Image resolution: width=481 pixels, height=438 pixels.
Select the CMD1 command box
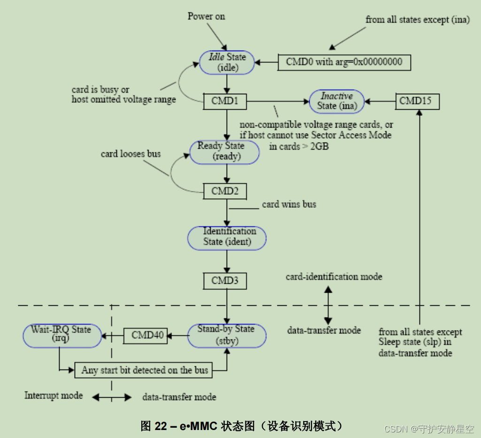[225, 101]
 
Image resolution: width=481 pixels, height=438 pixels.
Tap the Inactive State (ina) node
[336, 101]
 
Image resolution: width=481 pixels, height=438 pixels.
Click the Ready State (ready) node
[224, 151]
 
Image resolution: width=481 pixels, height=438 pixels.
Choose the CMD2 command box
[225, 191]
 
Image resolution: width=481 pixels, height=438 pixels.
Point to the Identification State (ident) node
[227, 237]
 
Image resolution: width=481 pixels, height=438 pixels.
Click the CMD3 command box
[225, 280]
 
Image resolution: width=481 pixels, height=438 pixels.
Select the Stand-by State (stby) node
[227, 335]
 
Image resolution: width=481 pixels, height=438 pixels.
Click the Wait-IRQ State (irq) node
[62, 335]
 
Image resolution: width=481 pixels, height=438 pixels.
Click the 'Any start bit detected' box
[145, 370]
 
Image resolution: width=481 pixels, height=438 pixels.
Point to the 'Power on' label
[206, 16]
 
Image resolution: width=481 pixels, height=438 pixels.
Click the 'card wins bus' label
[289, 204]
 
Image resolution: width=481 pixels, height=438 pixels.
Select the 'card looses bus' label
[130, 153]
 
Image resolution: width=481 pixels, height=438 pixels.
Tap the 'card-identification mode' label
[334, 277]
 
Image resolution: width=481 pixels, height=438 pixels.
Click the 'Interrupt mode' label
[53, 395]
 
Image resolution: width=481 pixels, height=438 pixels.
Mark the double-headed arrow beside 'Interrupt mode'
[112, 397]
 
